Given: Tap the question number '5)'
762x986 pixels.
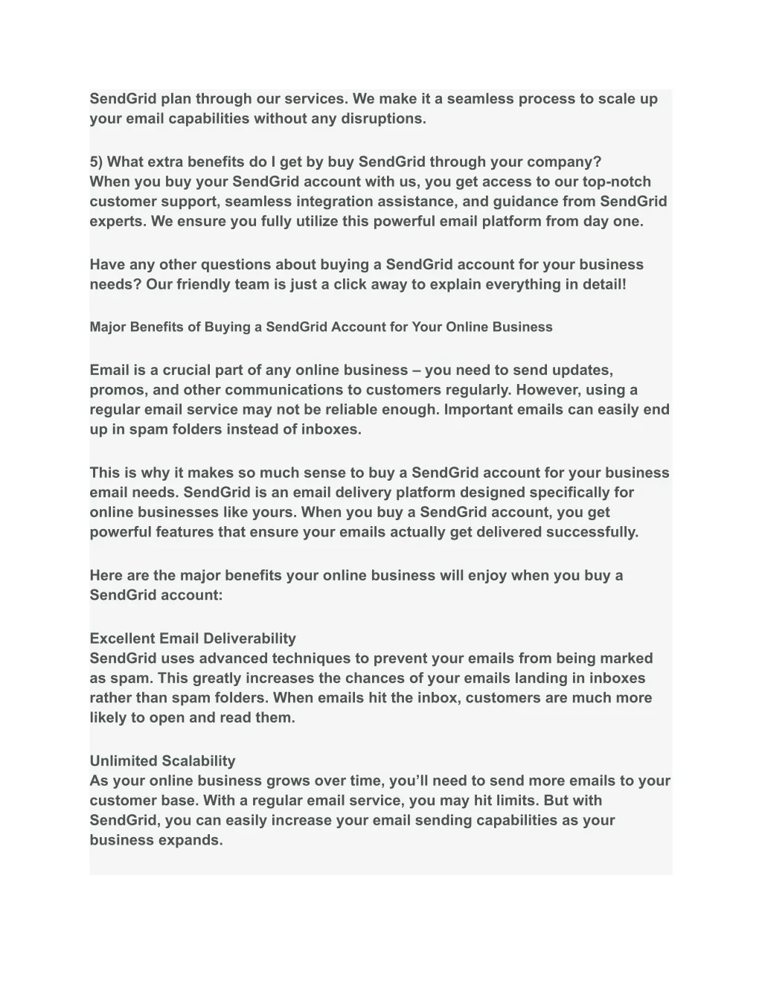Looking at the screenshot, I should coord(97,162).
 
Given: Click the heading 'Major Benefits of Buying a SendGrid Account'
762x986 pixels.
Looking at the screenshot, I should coord(321,327).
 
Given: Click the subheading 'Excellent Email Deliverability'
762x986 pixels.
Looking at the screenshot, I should coord(193,638).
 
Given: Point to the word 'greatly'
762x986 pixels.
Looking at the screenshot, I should coord(217,678).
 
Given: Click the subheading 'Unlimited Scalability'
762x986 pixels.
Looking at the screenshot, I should coord(162,761).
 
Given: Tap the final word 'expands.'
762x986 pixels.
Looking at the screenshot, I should coord(187,840).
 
